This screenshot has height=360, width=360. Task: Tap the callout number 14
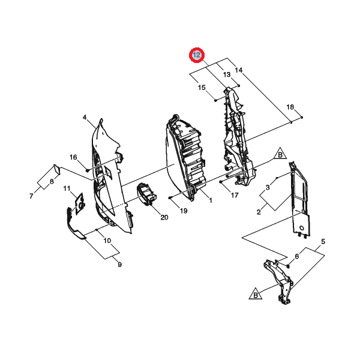point(239,70)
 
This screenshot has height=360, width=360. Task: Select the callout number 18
point(290,107)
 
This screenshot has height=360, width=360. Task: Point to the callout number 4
point(85,117)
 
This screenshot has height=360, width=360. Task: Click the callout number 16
point(73,157)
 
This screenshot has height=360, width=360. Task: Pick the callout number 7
point(31,196)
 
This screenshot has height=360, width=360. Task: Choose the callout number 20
point(164,217)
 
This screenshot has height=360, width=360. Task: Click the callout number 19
point(184,211)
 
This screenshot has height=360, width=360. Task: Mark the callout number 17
point(235,195)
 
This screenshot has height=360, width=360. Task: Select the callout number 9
point(119,265)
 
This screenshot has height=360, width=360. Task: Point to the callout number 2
point(258,212)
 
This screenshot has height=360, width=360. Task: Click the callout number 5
point(323,242)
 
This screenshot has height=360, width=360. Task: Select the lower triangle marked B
point(254,293)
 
